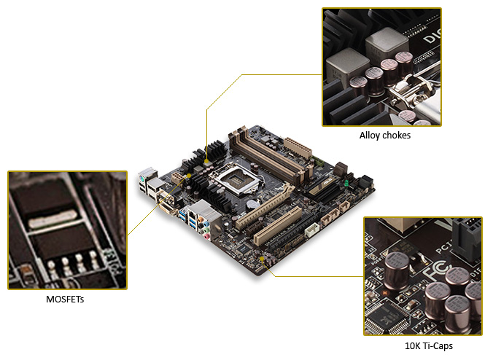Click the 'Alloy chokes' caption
pyautogui.click(x=384, y=135)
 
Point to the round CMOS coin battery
pyautogui.click(x=250, y=203)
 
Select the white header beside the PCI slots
pyautogui.click(x=311, y=228)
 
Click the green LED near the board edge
pyautogui.click(x=346, y=185)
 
